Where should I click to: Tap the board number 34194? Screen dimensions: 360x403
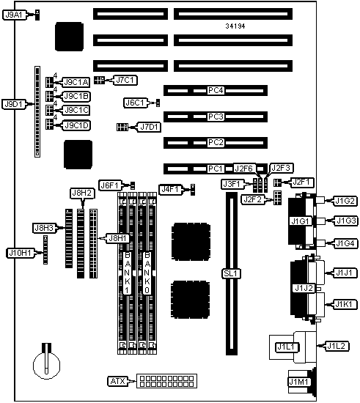coord(235,26)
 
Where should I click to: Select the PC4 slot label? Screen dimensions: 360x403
coord(216,90)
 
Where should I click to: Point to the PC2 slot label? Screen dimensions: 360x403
coord(216,142)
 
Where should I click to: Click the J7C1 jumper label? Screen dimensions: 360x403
coord(125,80)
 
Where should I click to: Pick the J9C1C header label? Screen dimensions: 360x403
coord(76,110)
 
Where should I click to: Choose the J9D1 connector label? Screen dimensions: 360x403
coord(14,104)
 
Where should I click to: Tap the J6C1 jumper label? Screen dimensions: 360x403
coord(135,103)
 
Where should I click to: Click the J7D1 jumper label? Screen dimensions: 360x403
coord(150,127)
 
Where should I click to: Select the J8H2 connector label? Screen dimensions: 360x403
coord(82,193)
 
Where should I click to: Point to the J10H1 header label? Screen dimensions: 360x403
coord(20,253)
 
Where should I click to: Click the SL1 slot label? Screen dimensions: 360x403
coord(231,273)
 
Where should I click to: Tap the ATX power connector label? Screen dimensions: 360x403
coord(117,381)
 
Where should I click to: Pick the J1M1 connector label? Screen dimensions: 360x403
coord(298,382)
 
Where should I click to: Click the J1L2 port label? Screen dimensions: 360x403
coord(337,346)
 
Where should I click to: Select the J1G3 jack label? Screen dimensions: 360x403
coord(346,221)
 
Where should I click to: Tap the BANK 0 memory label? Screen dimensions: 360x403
coord(147,273)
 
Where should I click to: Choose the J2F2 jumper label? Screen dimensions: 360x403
coord(253,199)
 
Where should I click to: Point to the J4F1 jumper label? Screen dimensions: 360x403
coord(170,190)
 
